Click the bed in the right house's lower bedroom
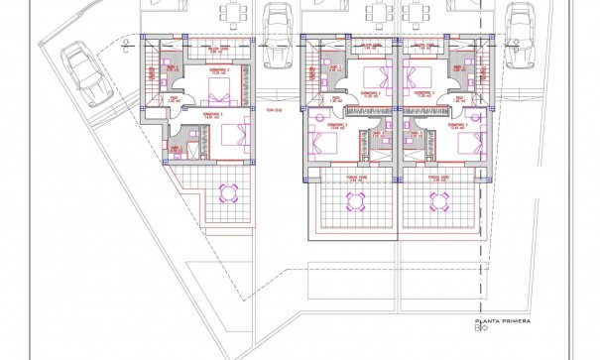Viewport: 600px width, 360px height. pyautogui.click(x=466, y=140)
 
